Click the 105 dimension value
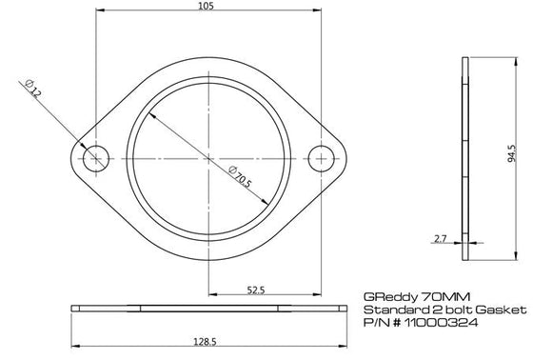click(x=206, y=6)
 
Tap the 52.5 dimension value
click(x=256, y=290)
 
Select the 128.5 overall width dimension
click(x=205, y=341)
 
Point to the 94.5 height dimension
click(x=512, y=153)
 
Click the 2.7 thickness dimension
click(x=440, y=239)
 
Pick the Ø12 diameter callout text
click(x=33, y=89)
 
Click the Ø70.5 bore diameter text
click(x=240, y=177)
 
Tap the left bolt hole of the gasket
click(x=96, y=158)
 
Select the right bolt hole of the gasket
click(x=321, y=158)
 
